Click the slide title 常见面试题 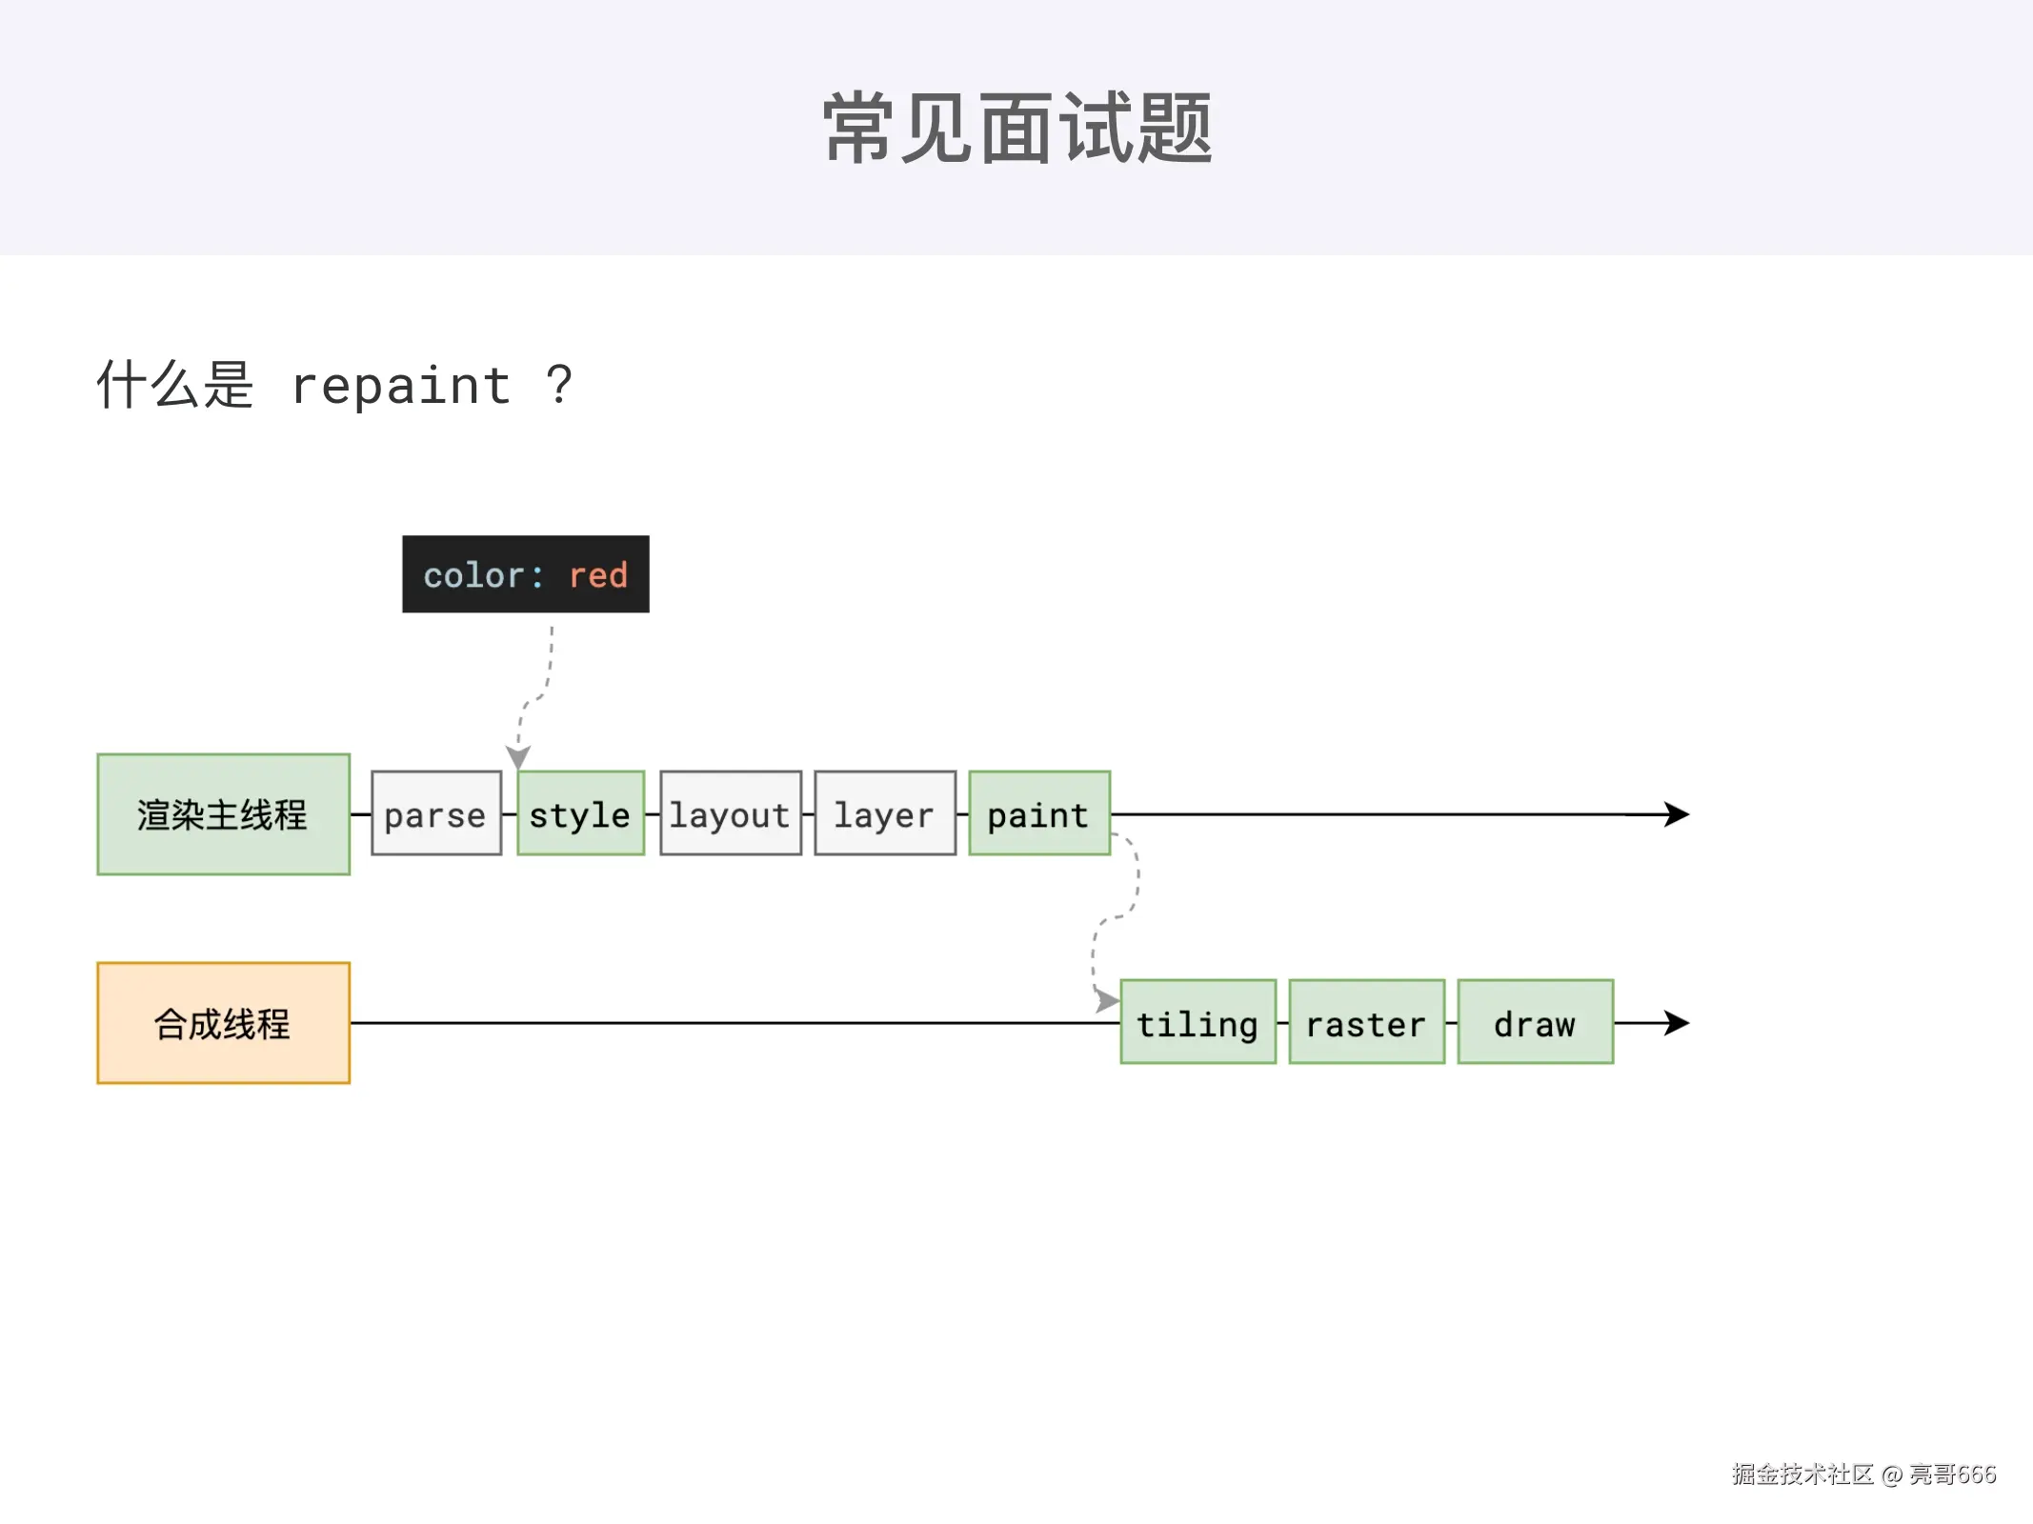point(1016,128)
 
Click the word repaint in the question point(401,386)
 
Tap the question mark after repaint point(559,385)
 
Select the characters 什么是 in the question point(175,385)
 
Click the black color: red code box point(525,573)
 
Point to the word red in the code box point(597,575)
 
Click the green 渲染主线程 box point(223,814)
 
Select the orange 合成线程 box point(223,1023)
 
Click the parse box point(435,813)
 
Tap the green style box point(580,813)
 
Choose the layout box point(730,813)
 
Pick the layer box point(884,813)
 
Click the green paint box point(1038,813)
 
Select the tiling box point(1198,1022)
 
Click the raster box point(1366,1022)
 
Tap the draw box point(1535,1022)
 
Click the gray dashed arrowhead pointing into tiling point(1106,1000)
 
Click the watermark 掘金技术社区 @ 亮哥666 point(1863,1474)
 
